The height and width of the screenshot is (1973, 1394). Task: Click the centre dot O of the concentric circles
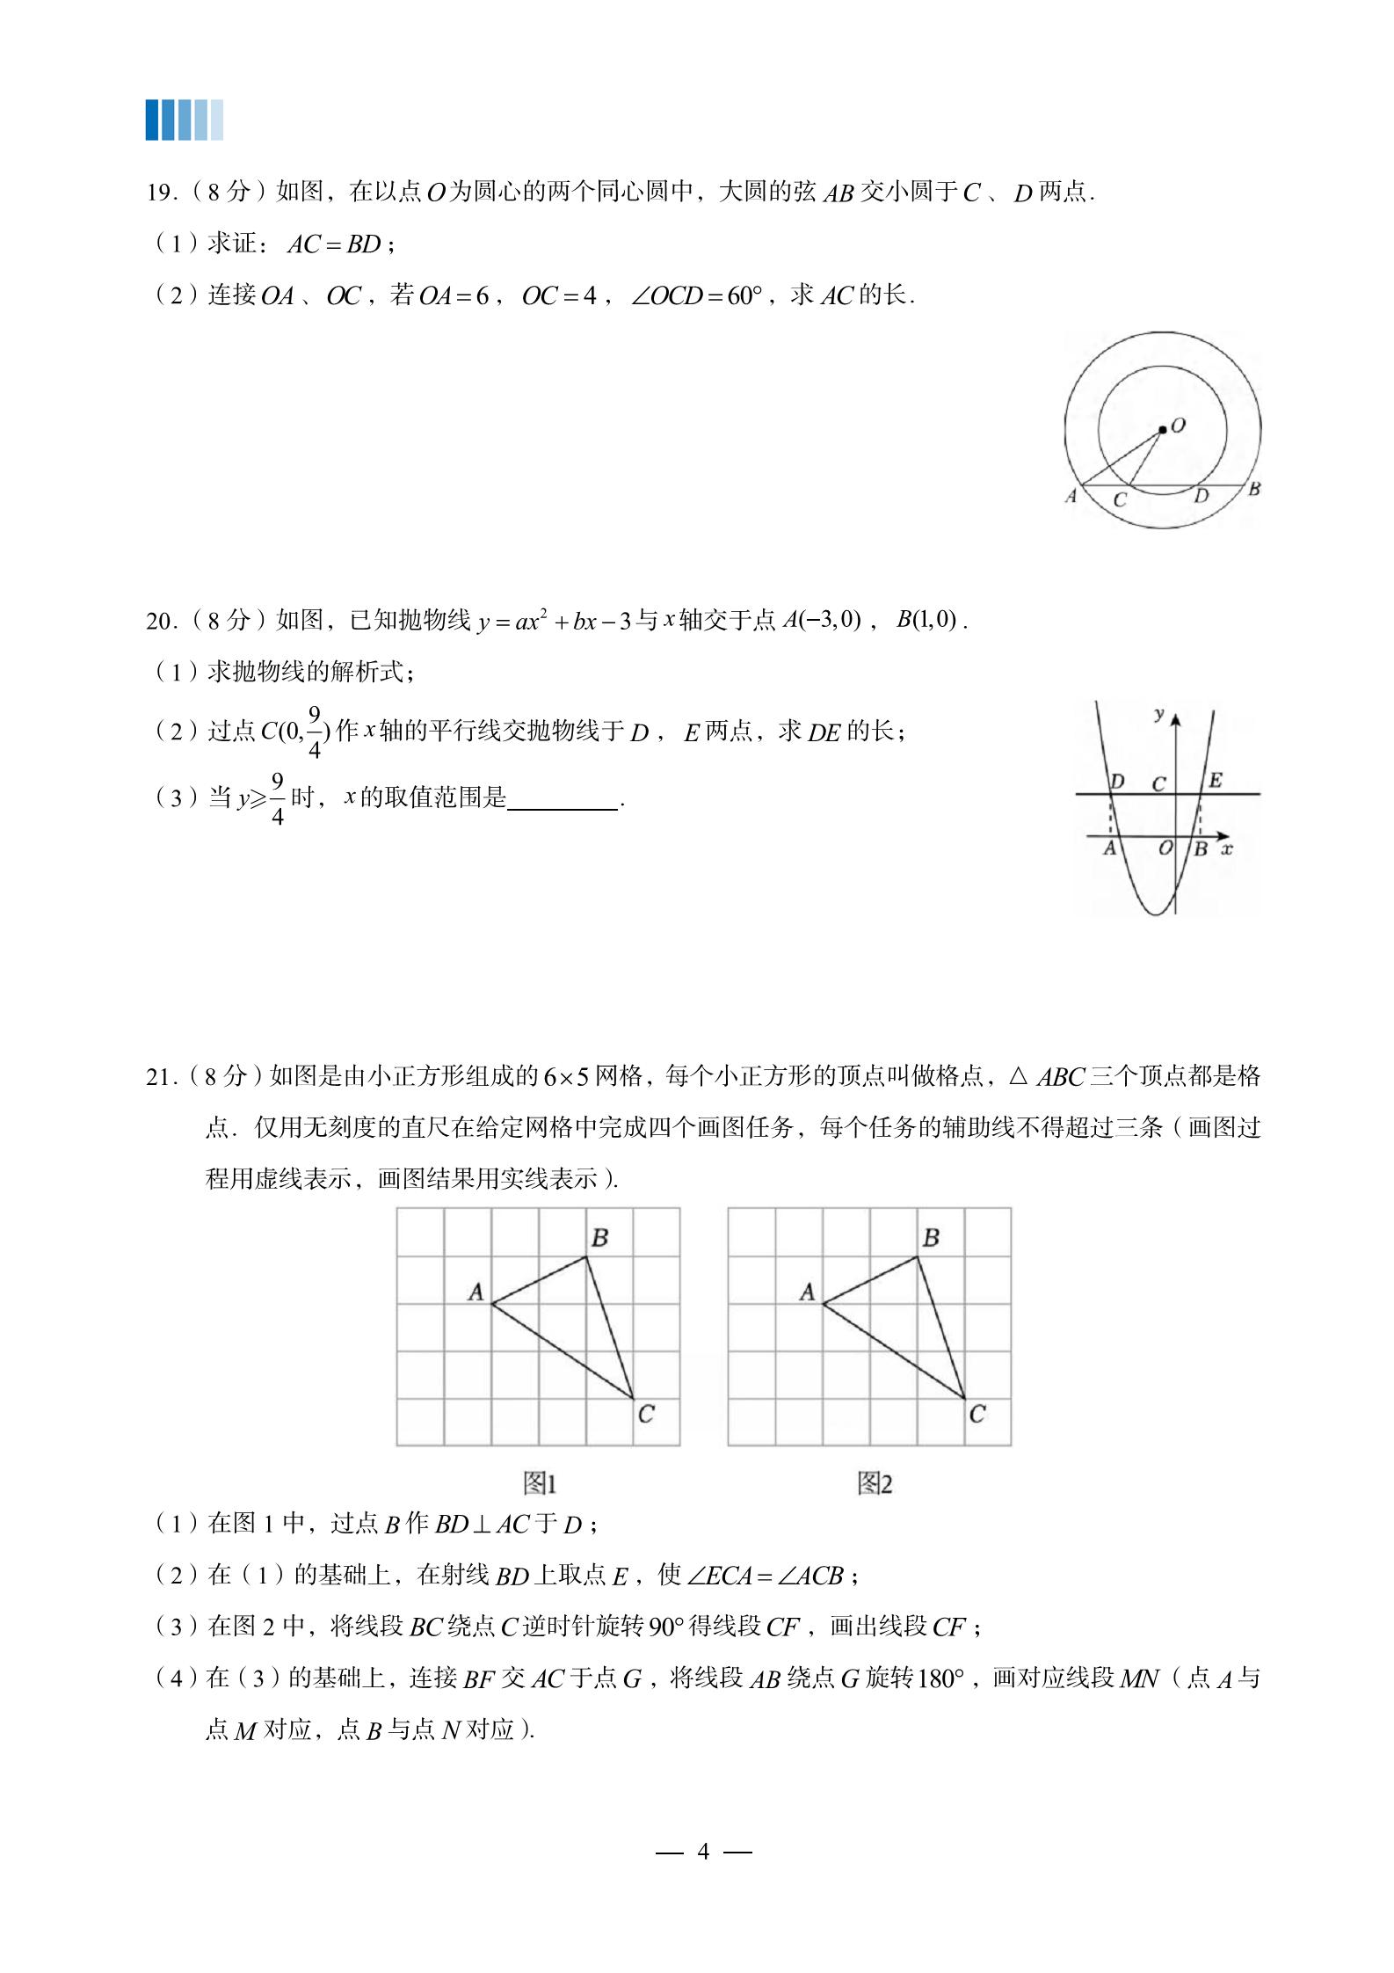tap(1163, 429)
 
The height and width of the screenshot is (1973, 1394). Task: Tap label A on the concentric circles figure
tap(1071, 496)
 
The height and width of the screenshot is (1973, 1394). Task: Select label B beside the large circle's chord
tap(1254, 489)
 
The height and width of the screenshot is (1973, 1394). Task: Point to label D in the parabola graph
tap(1117, 781)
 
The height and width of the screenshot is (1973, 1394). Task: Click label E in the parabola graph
tap(1216, 780)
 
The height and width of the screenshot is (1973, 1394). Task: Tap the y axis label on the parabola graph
tap(1159, 714)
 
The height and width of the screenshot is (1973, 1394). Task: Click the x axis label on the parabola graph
tap(1227, 848)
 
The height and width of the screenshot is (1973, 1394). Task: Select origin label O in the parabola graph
tap(1165, 848)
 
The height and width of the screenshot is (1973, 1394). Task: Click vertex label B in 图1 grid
tap(600, 1238)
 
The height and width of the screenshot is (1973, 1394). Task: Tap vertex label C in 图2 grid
tap(977, 1414)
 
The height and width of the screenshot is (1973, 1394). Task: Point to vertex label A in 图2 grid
tap(807, 1292)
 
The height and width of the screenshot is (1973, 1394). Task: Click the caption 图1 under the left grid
tap(540, 1484)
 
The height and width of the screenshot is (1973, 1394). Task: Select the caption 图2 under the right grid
tap(875, 1484)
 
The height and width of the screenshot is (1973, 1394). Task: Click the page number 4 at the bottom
tap(703, 1851)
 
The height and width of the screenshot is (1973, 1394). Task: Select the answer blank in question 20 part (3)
tap(563, 800)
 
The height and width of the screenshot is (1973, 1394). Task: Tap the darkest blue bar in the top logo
tap(152, 120)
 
